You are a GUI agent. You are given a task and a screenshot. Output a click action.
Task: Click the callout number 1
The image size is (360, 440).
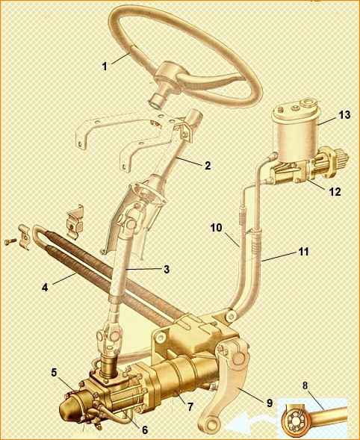(105, 66)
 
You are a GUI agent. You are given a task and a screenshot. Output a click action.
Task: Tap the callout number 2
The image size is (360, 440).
(208, 166)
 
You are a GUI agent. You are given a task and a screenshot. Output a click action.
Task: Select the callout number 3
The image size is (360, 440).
(167, 270)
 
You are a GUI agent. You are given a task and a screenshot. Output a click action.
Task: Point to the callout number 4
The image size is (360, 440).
(45, 288)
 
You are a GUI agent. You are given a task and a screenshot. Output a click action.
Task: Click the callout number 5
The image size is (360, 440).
(54, 373)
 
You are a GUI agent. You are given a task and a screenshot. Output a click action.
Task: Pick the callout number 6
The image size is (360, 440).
(145, 430)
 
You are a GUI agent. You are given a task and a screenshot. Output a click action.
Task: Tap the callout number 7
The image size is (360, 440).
(190, 406)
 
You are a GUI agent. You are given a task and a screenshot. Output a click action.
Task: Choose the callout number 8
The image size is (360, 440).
(305, 385)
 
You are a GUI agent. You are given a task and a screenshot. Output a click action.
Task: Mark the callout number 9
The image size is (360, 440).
(270, 403)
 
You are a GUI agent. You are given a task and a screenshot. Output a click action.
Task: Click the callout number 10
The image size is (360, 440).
(216, 228)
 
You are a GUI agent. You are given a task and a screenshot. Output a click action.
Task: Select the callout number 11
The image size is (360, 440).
(303, 252)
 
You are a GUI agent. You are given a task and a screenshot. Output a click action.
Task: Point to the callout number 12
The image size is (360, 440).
(335, 192)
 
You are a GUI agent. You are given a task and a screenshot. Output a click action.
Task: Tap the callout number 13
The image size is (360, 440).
(344, 115)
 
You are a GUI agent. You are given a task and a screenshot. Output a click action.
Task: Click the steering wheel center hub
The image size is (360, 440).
(168, 75)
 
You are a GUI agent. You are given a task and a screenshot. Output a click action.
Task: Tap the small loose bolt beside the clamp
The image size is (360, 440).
(10, 241)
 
